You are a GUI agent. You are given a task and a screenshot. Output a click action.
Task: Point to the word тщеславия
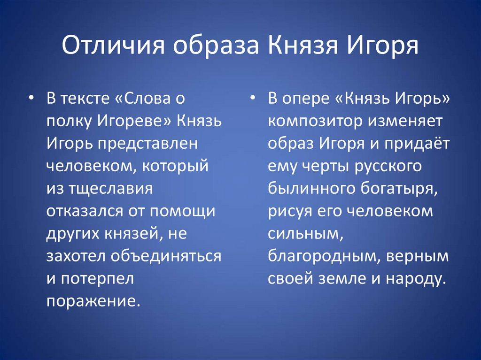(x=101, y=189)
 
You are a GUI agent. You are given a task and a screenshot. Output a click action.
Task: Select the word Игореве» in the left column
(x=134, y=122)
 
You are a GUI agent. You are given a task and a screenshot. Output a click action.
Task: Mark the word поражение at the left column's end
(x=93, y=300)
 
